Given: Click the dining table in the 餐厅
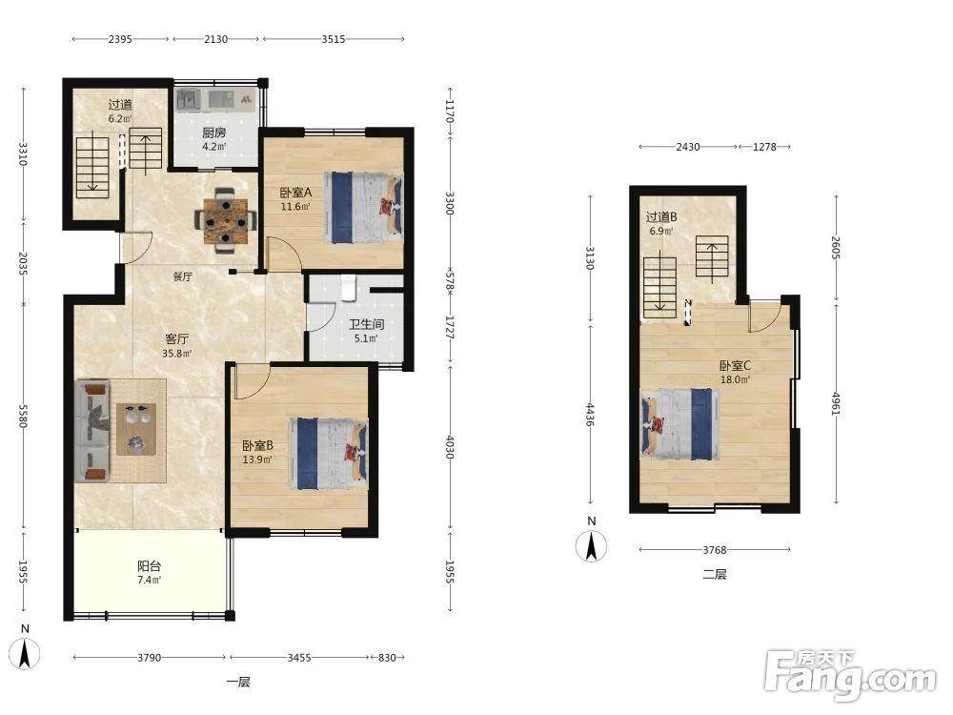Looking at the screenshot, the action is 225,220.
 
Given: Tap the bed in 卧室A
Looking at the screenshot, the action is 364,207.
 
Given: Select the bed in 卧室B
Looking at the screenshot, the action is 329,453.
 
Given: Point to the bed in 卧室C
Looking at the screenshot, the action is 680,424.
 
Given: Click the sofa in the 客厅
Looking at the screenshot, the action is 92,432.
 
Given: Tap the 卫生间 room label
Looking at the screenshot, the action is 366,324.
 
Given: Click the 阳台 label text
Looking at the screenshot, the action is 149,566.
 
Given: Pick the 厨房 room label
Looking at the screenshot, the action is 213,133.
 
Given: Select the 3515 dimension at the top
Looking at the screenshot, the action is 333,39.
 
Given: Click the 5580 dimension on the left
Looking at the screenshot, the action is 23,417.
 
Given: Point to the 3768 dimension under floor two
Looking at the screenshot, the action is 715,550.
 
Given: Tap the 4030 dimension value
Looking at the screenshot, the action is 450,447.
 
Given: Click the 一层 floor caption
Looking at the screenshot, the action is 238,682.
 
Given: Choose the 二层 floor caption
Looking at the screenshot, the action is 715,574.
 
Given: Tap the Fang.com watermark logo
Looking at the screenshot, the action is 850,675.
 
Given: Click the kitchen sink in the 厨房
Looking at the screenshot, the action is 189,100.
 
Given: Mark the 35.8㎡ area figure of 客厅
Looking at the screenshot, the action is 177,354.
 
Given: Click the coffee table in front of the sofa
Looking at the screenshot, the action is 136,429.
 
